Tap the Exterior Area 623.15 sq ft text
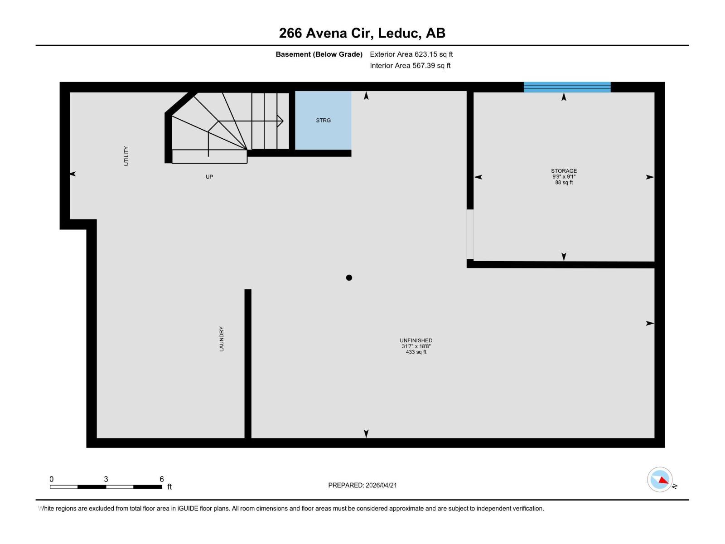411,54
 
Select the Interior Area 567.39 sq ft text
410,66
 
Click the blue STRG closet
323,120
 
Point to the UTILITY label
126,156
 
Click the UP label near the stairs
209,177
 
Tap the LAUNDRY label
222,339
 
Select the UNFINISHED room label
416,340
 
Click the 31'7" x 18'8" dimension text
416,346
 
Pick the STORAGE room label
564,171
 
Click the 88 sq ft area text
564,183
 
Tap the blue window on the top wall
567,87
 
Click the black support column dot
349,278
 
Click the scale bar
106,487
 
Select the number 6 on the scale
162,479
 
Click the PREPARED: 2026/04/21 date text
362,485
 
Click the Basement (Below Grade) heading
319,54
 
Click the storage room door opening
470,234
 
